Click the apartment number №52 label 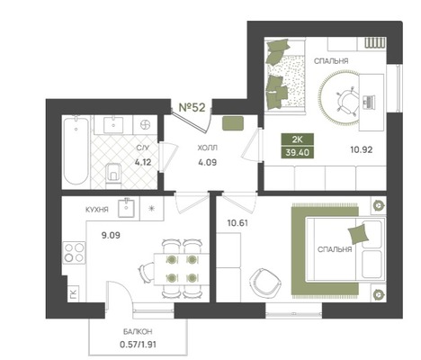pos(192,107)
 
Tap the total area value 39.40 pos(298,152)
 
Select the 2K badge pos(298,139)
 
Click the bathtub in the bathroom pos(76,151)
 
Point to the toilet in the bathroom pos(112,175)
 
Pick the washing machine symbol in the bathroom pos(145,124)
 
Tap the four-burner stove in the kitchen pos(74,253)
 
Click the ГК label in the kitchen pos(74,293)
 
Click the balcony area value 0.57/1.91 pos(138,345)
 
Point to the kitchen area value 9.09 pos(111,236)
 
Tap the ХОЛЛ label pos(208,148)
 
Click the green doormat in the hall pos(233,123)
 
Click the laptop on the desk pos(369,102)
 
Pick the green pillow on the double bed pos(358,233)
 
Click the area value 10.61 pos(237,223)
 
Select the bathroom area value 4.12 pos(143,163)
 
